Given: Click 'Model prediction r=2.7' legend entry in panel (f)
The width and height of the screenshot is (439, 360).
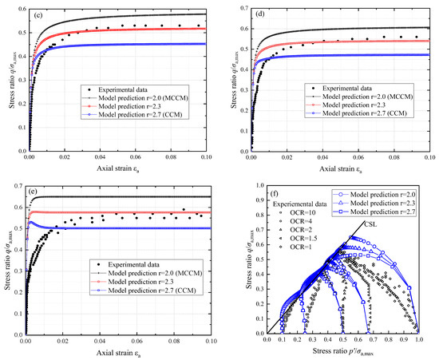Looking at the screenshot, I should click(374, 214).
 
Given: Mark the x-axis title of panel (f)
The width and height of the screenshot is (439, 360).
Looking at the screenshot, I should click(349, 350).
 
